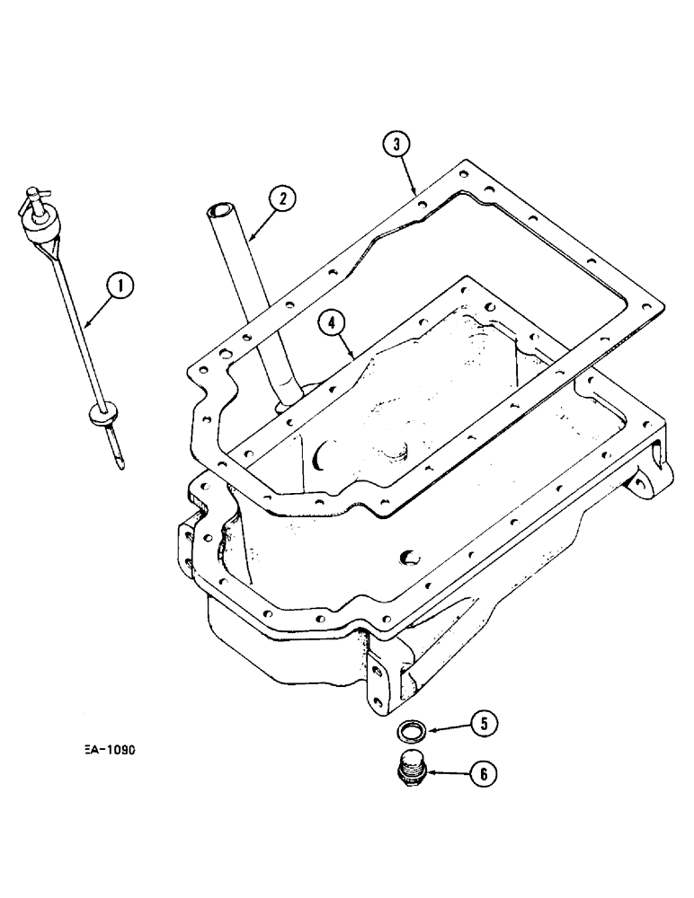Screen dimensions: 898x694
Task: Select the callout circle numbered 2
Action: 281,198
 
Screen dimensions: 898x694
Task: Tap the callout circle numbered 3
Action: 397,144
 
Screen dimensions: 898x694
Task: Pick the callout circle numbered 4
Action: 333,322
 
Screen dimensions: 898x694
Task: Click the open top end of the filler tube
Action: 221,213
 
